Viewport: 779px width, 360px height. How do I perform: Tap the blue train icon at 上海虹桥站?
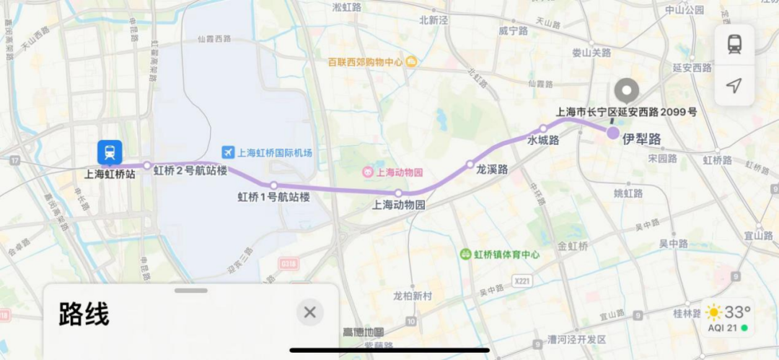(x=110, y=152)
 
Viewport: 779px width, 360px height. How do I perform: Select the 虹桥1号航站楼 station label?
(x=274, y=197)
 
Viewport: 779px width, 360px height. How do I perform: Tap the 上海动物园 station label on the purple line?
(x=398, y=205)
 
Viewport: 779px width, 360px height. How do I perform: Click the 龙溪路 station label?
(x=492, y=170)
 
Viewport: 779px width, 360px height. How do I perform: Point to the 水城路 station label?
(x=543, y=141)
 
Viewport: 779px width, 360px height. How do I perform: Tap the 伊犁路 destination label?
(x=643, y=139)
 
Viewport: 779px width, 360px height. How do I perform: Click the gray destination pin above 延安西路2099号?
(x=626, y=92)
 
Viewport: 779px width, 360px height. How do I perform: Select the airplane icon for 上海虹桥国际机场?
(x=229, y=152)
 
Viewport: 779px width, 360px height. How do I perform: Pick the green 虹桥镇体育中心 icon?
(x=466, y=255)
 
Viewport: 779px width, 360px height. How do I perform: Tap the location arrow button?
(x=734, y=86)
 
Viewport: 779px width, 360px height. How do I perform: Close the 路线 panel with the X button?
(x=309, y=312)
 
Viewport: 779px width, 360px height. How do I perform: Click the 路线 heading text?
(x=84, y=315)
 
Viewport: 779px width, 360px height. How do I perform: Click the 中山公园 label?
(x=684, y=10)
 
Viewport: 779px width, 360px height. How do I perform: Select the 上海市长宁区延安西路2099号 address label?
(x=626, y=113)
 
